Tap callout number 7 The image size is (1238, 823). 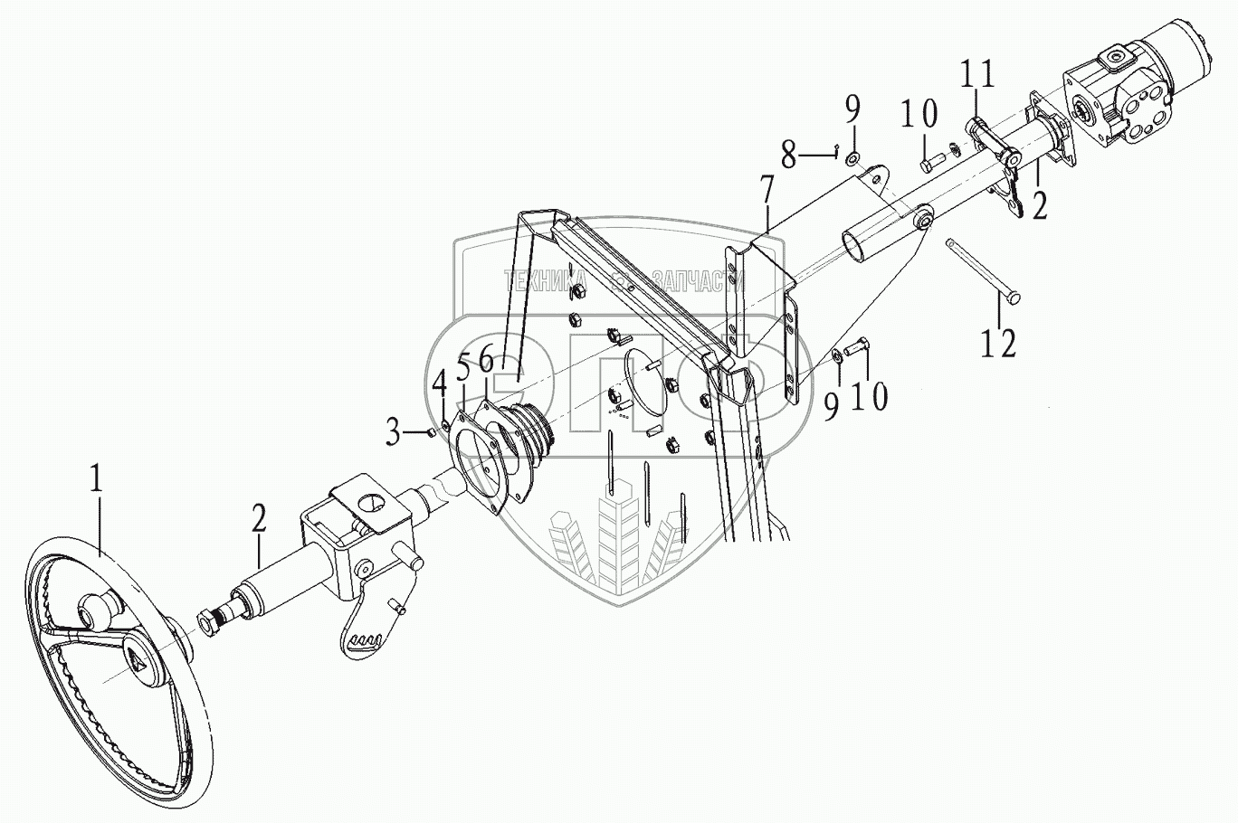pyautogui.click(x=788, y=156)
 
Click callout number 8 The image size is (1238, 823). pyautogui.click(x=852, y=113)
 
